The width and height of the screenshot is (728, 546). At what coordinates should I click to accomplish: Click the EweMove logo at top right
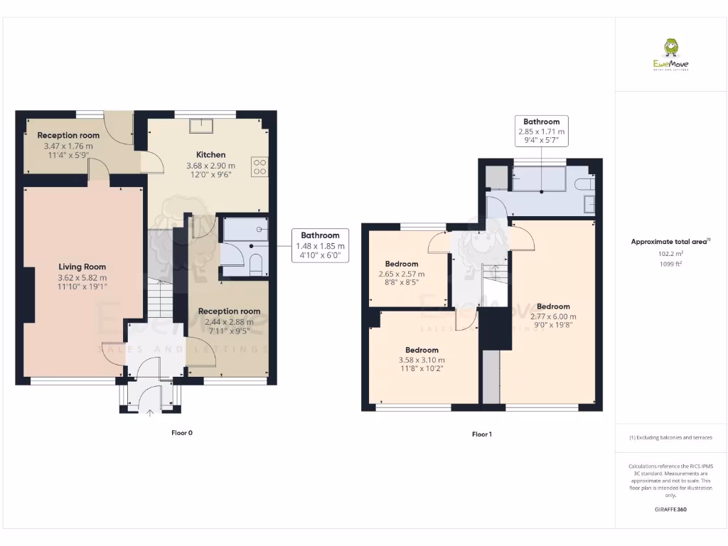[x=670, y=55]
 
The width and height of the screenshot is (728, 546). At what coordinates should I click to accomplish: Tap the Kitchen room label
[x=210, y=154]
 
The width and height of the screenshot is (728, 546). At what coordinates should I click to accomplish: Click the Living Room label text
[x=82, y=267]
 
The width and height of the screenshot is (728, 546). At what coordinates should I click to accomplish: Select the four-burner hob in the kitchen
[x=259, y=167]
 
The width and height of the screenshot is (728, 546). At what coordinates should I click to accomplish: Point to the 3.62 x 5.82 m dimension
[x=82, y=277]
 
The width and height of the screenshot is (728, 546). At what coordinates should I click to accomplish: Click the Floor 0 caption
[x=182, y=432]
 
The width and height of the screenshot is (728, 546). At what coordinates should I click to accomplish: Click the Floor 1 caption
[x=482, y=434]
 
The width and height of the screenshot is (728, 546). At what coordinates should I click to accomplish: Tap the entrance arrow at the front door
[x=150, y=411]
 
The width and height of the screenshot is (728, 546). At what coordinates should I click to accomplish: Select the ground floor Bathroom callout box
[x=320, y=245]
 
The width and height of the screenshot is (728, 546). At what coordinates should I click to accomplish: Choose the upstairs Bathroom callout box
[x=541, y=132]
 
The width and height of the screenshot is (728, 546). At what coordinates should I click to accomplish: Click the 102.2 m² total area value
[x=670, y=253]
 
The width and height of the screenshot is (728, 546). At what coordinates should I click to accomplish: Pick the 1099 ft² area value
[x=670, y=264]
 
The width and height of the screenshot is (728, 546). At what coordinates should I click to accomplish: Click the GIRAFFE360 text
[x=670, y=509]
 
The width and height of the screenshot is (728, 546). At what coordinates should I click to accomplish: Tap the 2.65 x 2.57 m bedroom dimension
[x=401, y=274]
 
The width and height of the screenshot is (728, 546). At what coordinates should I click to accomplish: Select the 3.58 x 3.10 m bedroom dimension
[x=422, y=359]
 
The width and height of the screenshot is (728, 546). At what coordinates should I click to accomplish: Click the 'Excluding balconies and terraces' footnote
[x=670, y=438]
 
